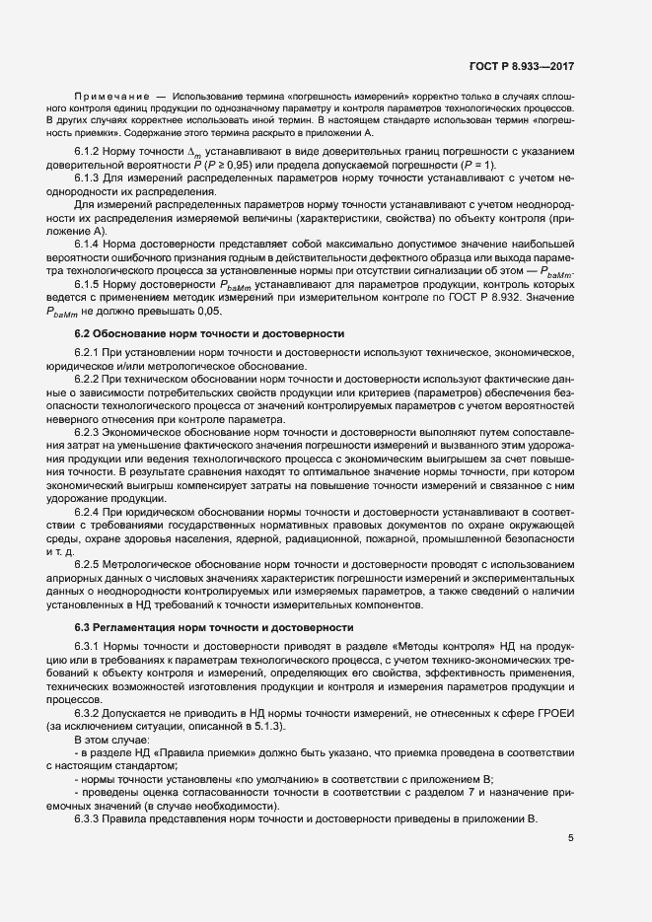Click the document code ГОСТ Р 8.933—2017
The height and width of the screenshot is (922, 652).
tap(523, 66)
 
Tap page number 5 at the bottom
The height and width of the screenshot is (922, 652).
tap(571, 838)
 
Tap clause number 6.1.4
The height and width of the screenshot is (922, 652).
tap(90, 242)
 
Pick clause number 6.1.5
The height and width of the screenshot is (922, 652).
tap(90, 283)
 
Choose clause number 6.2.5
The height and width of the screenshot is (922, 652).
tap(90, 562)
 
